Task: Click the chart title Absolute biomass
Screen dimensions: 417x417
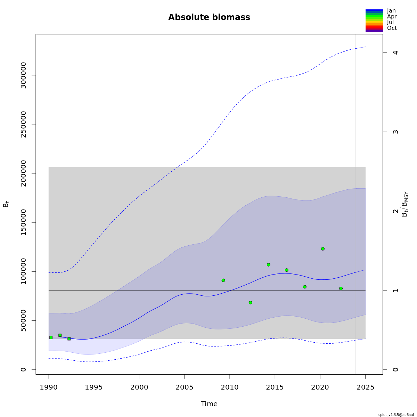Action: click(209, 17)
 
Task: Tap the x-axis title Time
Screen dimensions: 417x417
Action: click(209, 404)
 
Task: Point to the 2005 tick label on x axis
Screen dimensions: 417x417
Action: click(184, 387)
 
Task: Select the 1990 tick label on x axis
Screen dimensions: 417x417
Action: click(49, 387)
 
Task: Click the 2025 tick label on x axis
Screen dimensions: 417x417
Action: click(365, 387)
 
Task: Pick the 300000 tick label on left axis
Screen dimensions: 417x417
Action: click(23, 75)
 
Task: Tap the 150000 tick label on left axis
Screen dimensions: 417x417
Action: click(23, 222)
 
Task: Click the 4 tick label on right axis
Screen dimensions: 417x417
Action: click(395, 52)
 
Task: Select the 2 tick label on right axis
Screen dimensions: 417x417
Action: click(395, 211)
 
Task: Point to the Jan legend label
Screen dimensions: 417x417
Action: click(391, 11)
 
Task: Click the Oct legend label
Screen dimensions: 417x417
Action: click(392, 28)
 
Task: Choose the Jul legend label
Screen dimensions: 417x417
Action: click(390, 22)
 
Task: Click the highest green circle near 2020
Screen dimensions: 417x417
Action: click(323, 249)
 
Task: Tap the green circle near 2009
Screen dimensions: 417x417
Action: click(223, 280)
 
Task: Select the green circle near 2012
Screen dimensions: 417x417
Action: click(250, 303)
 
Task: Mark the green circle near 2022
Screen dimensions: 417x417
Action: click(341, 288)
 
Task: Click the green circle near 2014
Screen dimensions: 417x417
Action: click(268, 265)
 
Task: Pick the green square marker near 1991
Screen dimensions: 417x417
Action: click(60, 335)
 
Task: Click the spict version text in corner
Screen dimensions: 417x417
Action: click(396, 415)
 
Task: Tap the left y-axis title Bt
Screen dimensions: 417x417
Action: click(6, 204)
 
